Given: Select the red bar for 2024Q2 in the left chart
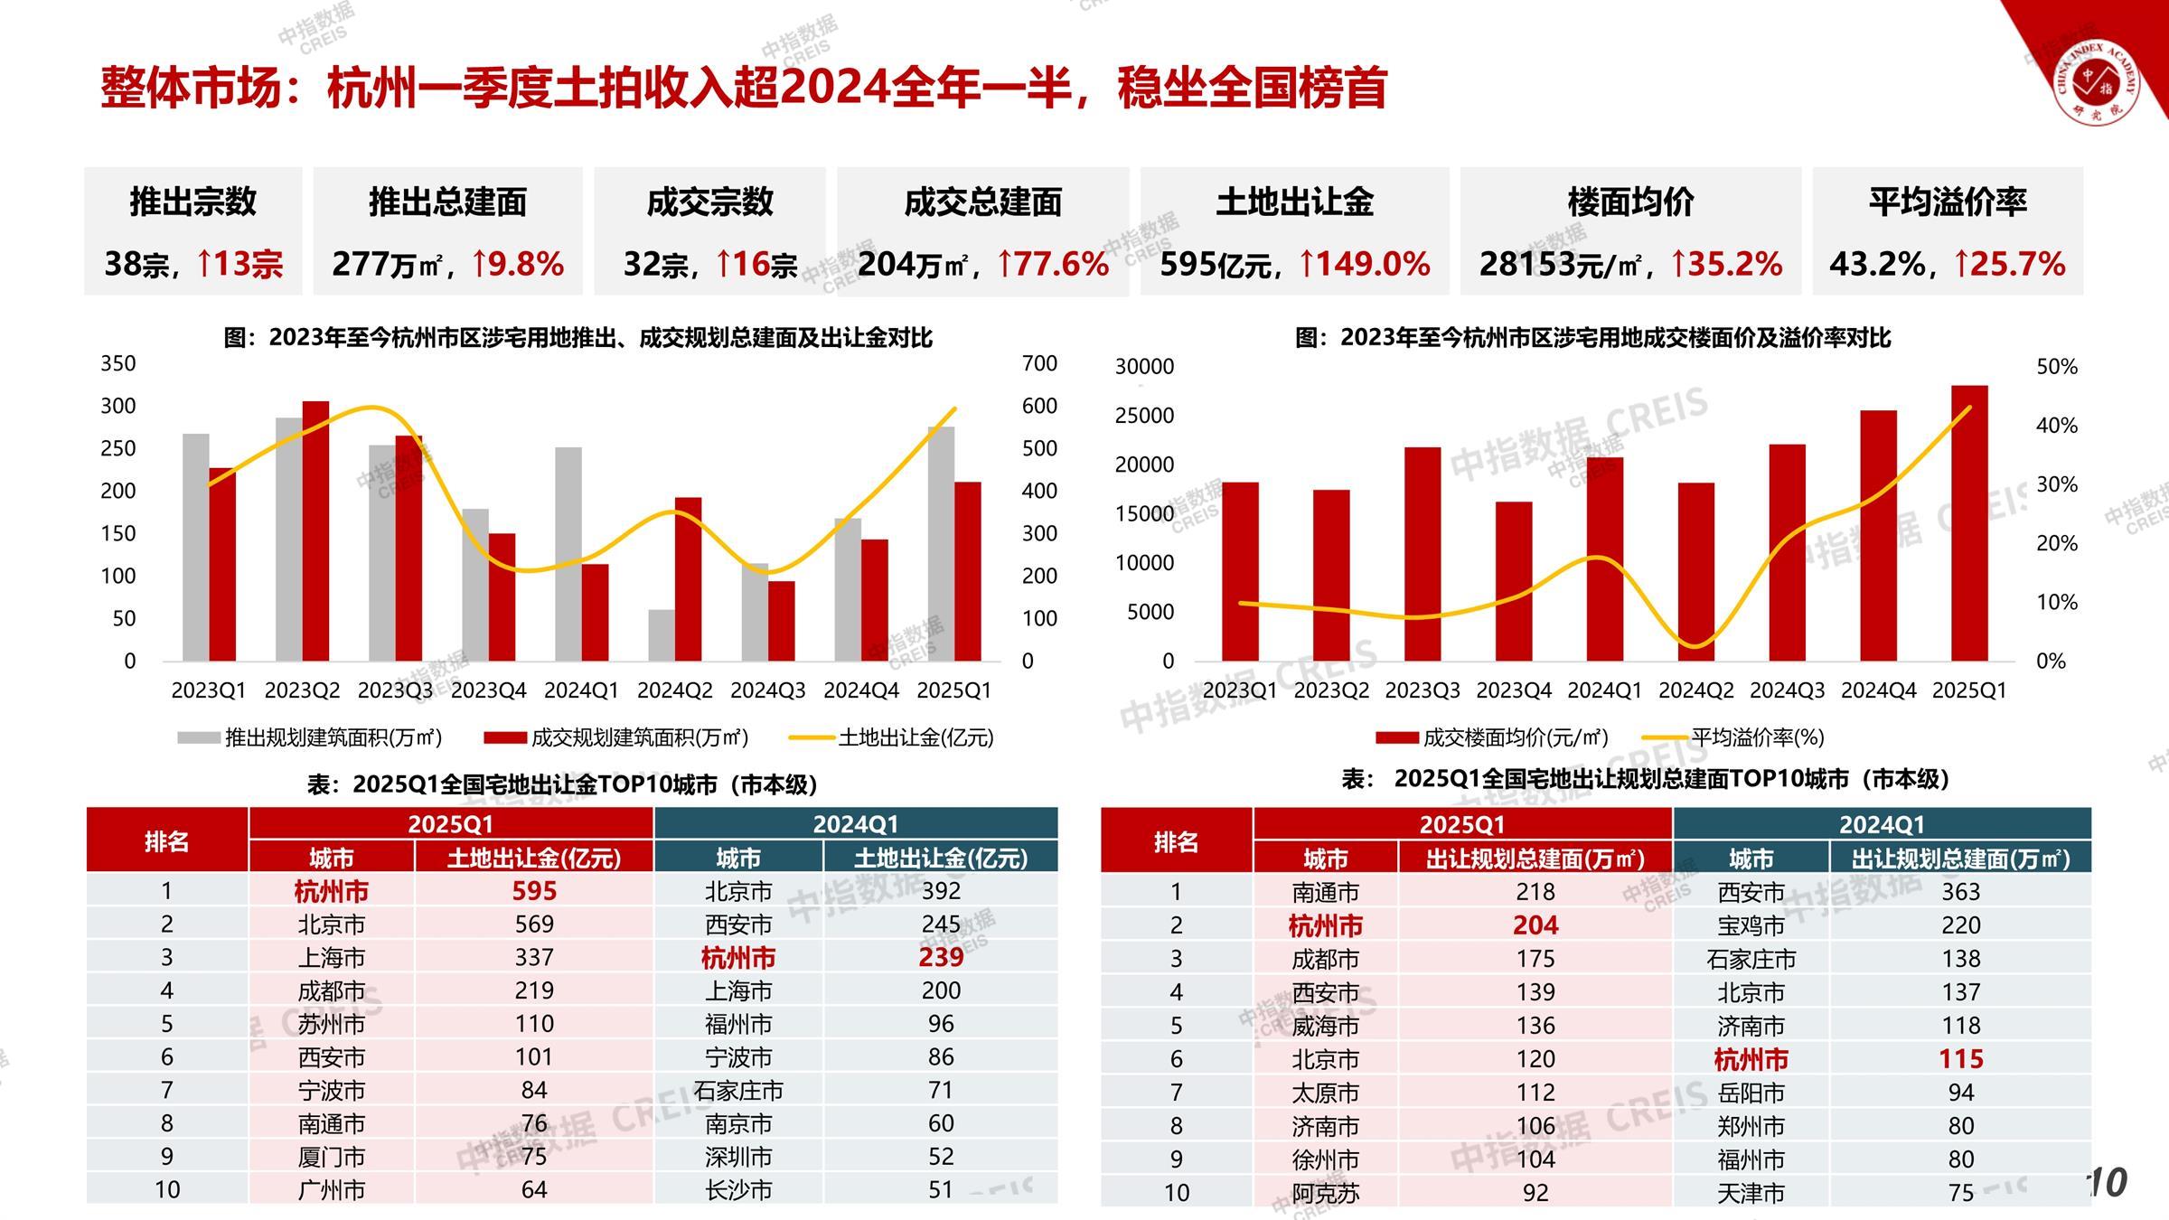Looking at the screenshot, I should (688, 578).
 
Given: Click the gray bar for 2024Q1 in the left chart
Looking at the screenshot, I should (568, 553).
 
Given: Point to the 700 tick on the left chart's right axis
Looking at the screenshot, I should (1039, 363).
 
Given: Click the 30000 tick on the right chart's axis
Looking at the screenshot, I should (1144, 366).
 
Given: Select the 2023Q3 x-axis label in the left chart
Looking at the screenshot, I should (395, 690).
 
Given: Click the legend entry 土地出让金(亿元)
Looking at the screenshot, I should (915, 737).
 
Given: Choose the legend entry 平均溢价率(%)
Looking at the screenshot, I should (1757, 737).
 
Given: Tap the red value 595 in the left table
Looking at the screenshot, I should (534, 891).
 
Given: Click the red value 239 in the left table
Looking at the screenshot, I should (941, 957).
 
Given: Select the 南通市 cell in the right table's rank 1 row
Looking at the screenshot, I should (1325, 892).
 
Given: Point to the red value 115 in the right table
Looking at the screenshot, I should (1960, 1058).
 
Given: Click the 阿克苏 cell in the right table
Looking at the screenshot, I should (1325, 1193).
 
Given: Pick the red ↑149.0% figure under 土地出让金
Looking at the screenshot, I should (1365, 264).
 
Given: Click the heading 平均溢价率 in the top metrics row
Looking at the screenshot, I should (1948, 202).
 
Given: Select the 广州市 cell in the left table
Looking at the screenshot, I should (332, 1190).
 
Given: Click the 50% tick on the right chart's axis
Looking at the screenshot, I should (2057, 367).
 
